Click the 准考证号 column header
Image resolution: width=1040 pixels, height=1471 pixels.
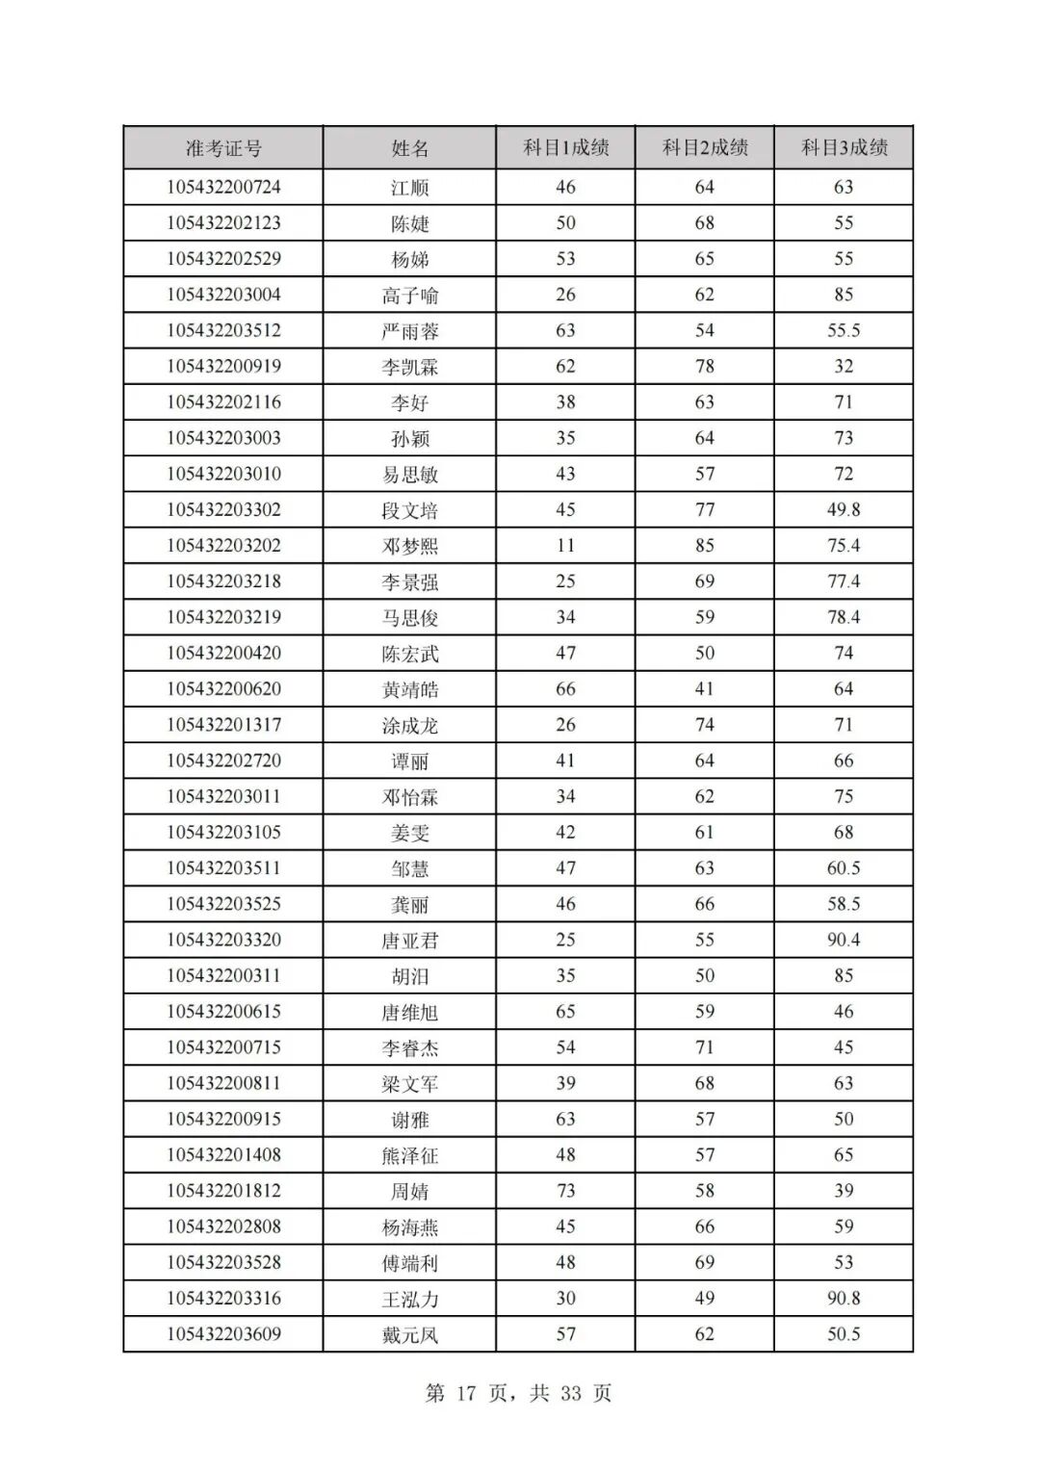(223, 148)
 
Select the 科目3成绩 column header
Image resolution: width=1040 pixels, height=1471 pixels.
(844, 148)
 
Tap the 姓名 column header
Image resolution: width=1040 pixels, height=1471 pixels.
(409, 148)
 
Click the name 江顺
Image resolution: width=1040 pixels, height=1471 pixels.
(409, 188)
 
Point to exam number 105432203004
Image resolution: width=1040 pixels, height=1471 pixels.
(223, 295)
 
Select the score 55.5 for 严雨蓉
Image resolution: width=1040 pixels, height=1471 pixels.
(844, 330)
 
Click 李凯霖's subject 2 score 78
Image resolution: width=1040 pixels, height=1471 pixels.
(705, 366)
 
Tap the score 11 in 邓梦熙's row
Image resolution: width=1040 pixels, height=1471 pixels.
(565, 545)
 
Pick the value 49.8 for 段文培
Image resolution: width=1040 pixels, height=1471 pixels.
(844, 509)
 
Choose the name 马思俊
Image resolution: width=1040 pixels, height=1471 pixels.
(409, 618)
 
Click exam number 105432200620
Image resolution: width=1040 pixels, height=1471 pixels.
(223, 688)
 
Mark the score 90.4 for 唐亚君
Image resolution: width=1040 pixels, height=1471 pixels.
(844, 940)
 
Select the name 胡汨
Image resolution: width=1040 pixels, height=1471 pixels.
(409, 976)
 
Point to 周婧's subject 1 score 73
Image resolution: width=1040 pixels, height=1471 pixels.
(565, 1190)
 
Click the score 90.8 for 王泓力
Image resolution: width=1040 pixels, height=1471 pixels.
(844, 1298)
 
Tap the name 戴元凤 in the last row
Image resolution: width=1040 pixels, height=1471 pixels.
(409, 1334)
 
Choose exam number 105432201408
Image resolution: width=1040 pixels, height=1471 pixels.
(223, 1154)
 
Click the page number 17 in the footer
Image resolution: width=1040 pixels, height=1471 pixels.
(467, 1393)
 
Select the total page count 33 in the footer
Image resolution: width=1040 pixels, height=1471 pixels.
(570, 1393)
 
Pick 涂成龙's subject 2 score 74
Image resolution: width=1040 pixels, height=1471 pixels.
(705, 724)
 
